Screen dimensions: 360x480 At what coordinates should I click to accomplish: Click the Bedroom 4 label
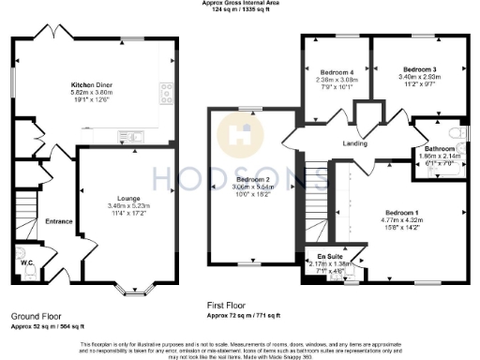coord(337,72)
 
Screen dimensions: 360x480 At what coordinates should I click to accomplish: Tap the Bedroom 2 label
coord(252,179)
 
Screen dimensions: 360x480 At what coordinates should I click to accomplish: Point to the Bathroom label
coord(439,149)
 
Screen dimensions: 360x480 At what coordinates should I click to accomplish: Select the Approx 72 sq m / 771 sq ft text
coord(243,314)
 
